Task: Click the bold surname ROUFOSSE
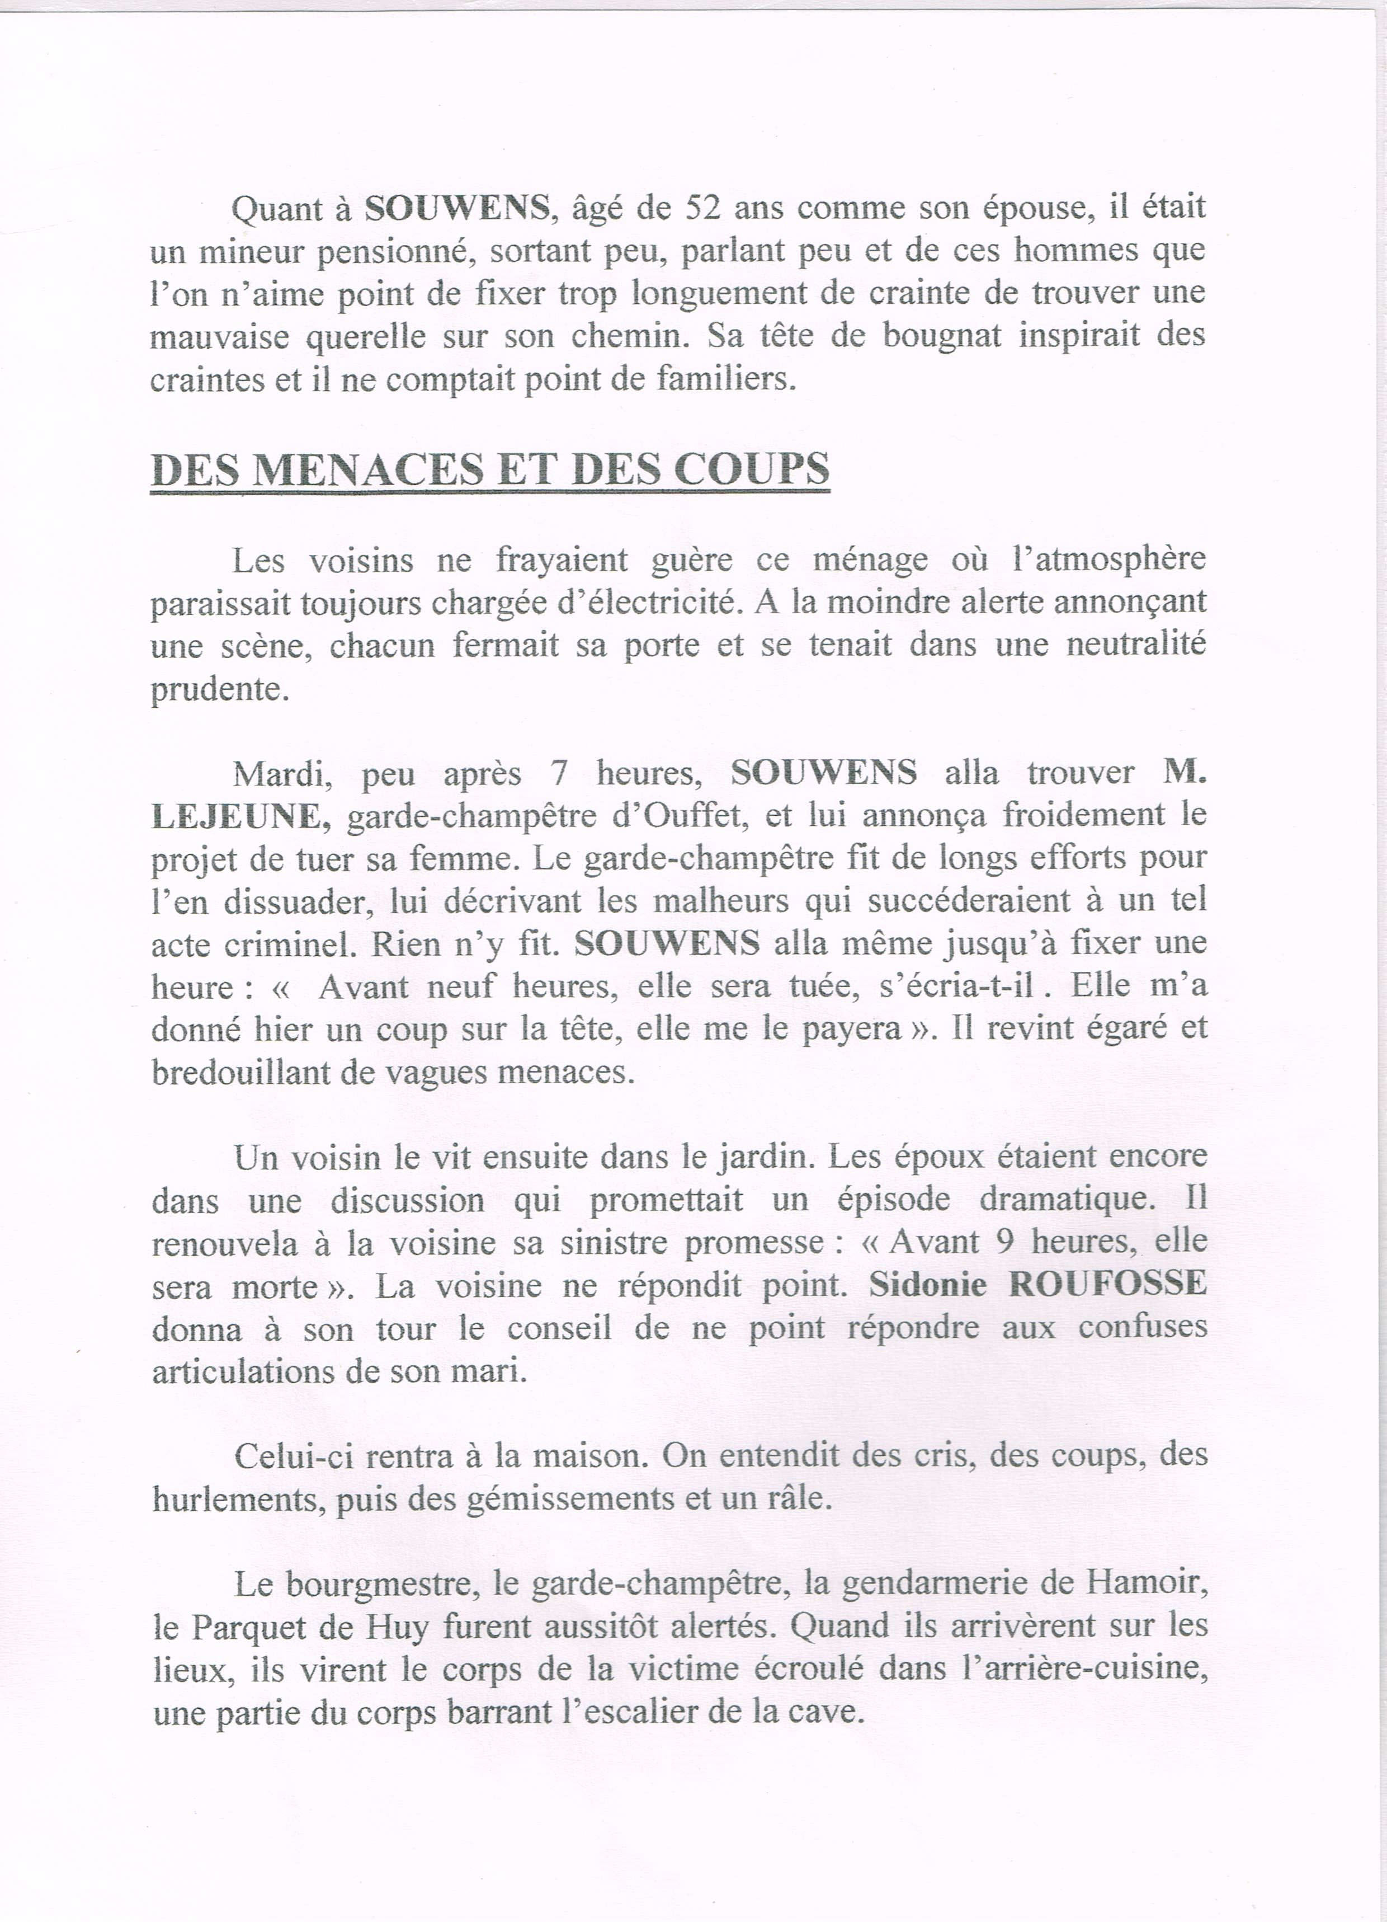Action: tap(1108, 1286)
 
